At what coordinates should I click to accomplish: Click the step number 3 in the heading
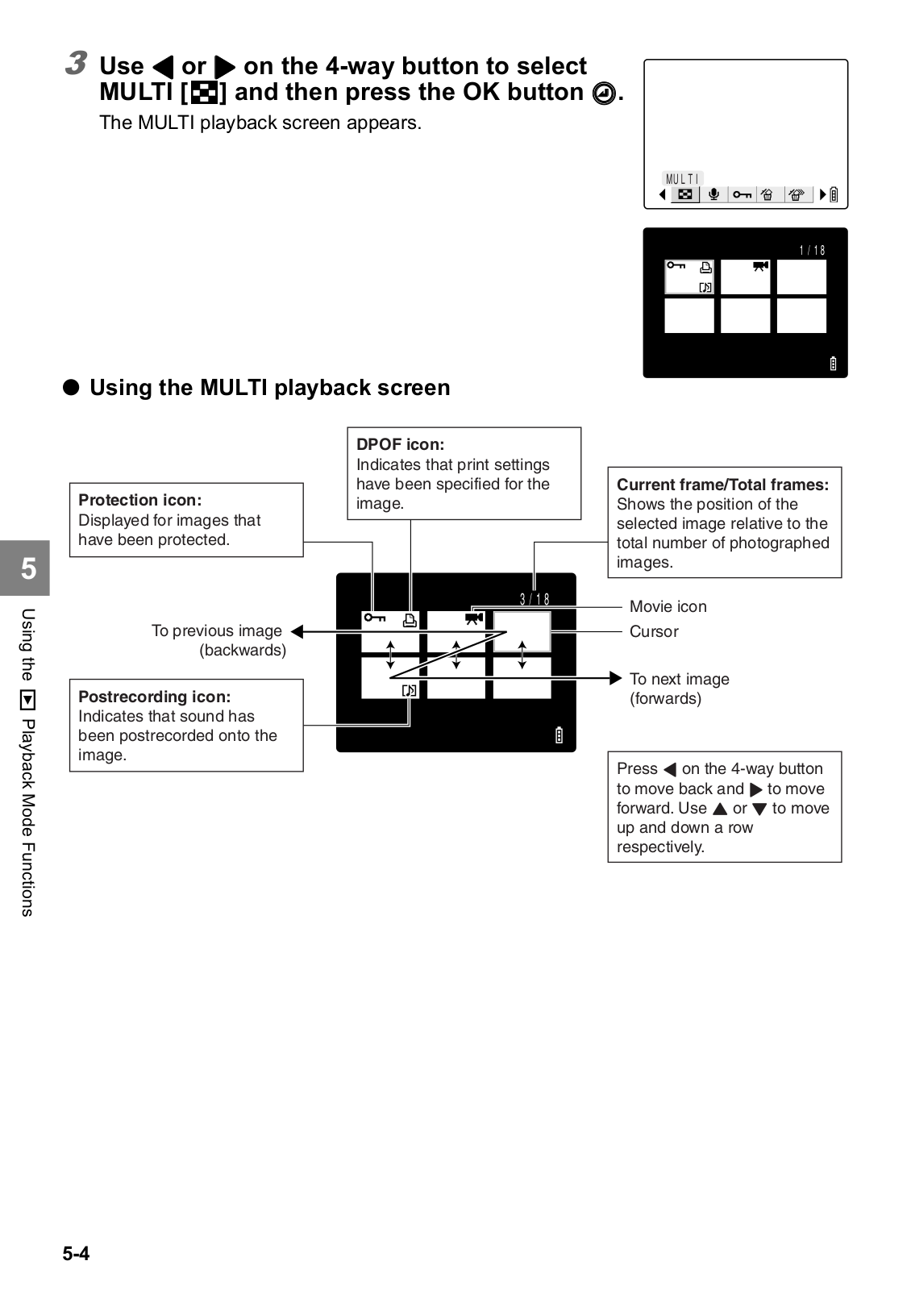point(77,63)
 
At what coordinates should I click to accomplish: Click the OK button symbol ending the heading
point(603,94)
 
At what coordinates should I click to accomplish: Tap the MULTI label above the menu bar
point(682,179)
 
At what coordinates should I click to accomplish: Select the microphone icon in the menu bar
point(713,194)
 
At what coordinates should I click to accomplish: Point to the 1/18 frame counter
point(812,251)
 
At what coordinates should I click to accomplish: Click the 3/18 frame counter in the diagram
point(535,599)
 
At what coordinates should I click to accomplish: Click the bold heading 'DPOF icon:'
point(400,444)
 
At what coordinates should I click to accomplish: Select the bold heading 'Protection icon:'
point(139,500)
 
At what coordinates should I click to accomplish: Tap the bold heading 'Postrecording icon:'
point(154,697)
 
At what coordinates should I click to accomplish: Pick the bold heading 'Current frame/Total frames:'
point(722,485)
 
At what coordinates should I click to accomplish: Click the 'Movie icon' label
point(668,606)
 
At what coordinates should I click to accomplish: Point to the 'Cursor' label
point(654,631)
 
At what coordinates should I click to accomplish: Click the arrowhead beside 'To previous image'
point(297,631)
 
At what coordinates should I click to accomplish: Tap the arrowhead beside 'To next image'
point(615,678)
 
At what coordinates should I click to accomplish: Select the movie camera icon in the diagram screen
point(473,618)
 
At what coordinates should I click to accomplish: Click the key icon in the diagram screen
point(374,618)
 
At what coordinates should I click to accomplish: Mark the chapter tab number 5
point(28,568)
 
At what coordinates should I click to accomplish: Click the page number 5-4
point(76,1253)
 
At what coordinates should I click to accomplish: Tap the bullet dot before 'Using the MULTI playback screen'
point(72,388)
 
